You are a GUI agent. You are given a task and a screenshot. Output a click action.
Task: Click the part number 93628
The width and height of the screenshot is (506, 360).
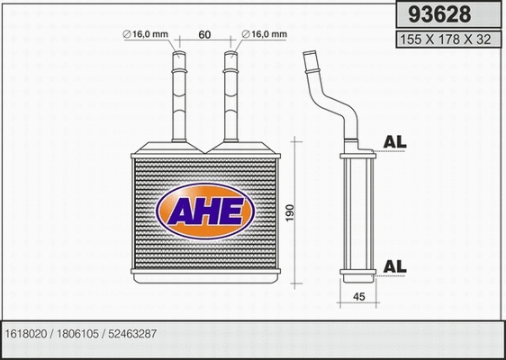(438, 14)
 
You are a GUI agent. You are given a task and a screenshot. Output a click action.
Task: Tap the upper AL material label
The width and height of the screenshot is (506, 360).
(395, 141)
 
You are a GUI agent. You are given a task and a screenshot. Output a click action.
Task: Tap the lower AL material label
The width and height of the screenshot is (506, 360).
(395, 265)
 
